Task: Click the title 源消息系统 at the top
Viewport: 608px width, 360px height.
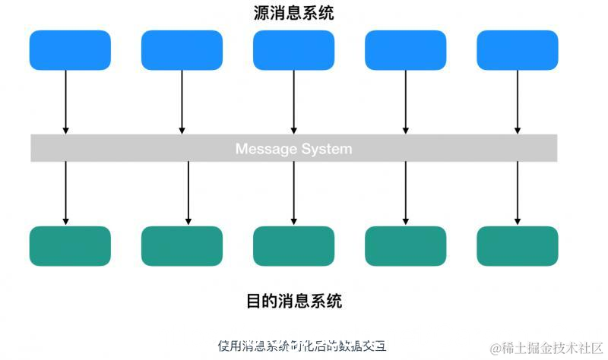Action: tap(293, 13)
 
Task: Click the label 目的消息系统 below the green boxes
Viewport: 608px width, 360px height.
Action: tap(293, 302)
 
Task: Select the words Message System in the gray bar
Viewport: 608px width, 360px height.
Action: tap(293, 148)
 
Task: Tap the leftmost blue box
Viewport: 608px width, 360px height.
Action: tap(70, 50)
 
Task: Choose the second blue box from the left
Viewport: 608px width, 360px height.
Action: tap(182, 50)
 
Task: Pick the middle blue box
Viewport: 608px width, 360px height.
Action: tap(293, 50)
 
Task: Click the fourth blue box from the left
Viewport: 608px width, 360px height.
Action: tap(405, 50)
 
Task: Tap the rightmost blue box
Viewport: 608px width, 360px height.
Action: tap(517, 50)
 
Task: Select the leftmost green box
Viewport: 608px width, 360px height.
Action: tap(70, 246)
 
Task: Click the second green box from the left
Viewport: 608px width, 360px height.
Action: tap(182, 246)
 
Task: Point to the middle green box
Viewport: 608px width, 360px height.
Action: tap(293, 246)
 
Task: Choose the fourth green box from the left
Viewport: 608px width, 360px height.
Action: tap(405, 246)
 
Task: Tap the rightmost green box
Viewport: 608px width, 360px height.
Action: tap(517, 246)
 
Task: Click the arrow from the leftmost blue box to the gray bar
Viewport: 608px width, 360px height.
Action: tap(66, 103)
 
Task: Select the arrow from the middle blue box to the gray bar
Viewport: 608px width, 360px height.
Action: tap(293, 103)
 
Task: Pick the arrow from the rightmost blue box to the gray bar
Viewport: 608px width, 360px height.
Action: tap(518, 103)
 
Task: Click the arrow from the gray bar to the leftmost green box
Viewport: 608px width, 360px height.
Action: tap(66, 194)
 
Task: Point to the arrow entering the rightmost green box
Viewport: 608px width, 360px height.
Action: tap(518, 194)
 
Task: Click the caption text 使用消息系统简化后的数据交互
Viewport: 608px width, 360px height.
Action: tap(302, 346)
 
